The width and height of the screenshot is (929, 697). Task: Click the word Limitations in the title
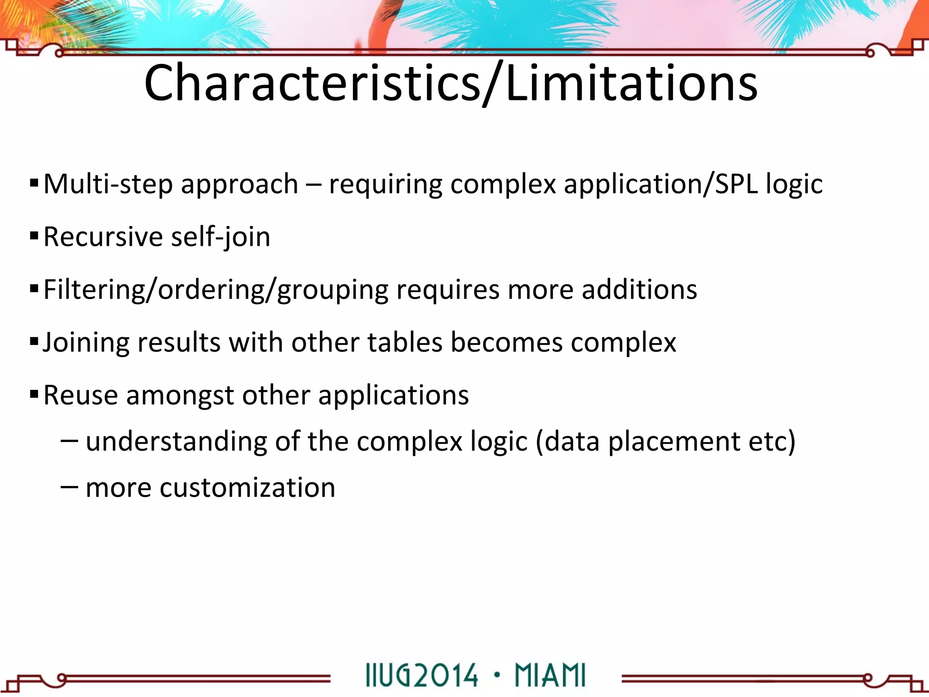tap(631, 83)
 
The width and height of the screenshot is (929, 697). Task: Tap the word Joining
tap(86, 343)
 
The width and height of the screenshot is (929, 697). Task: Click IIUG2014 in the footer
tap(421, 675)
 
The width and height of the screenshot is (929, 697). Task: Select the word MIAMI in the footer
tap(550, 675)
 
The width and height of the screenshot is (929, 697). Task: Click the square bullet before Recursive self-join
tap(34, 236)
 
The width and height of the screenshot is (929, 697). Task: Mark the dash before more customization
tap(69, 486)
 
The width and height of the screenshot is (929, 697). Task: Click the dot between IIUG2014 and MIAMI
tap(497, 674)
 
